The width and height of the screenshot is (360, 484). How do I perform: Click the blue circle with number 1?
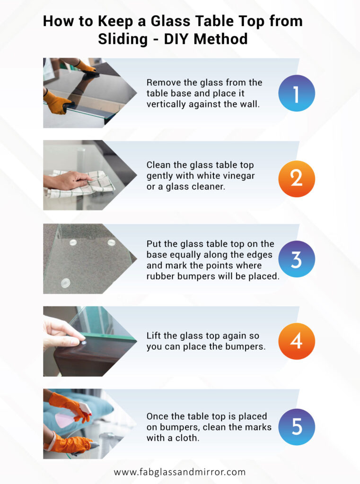(296, 93)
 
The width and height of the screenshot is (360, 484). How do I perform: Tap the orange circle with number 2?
(296, 178)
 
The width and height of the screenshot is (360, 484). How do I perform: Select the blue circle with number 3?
(296, 259)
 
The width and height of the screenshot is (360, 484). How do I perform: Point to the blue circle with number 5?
(296, 426)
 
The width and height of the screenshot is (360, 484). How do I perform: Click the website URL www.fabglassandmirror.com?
(180, 472)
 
